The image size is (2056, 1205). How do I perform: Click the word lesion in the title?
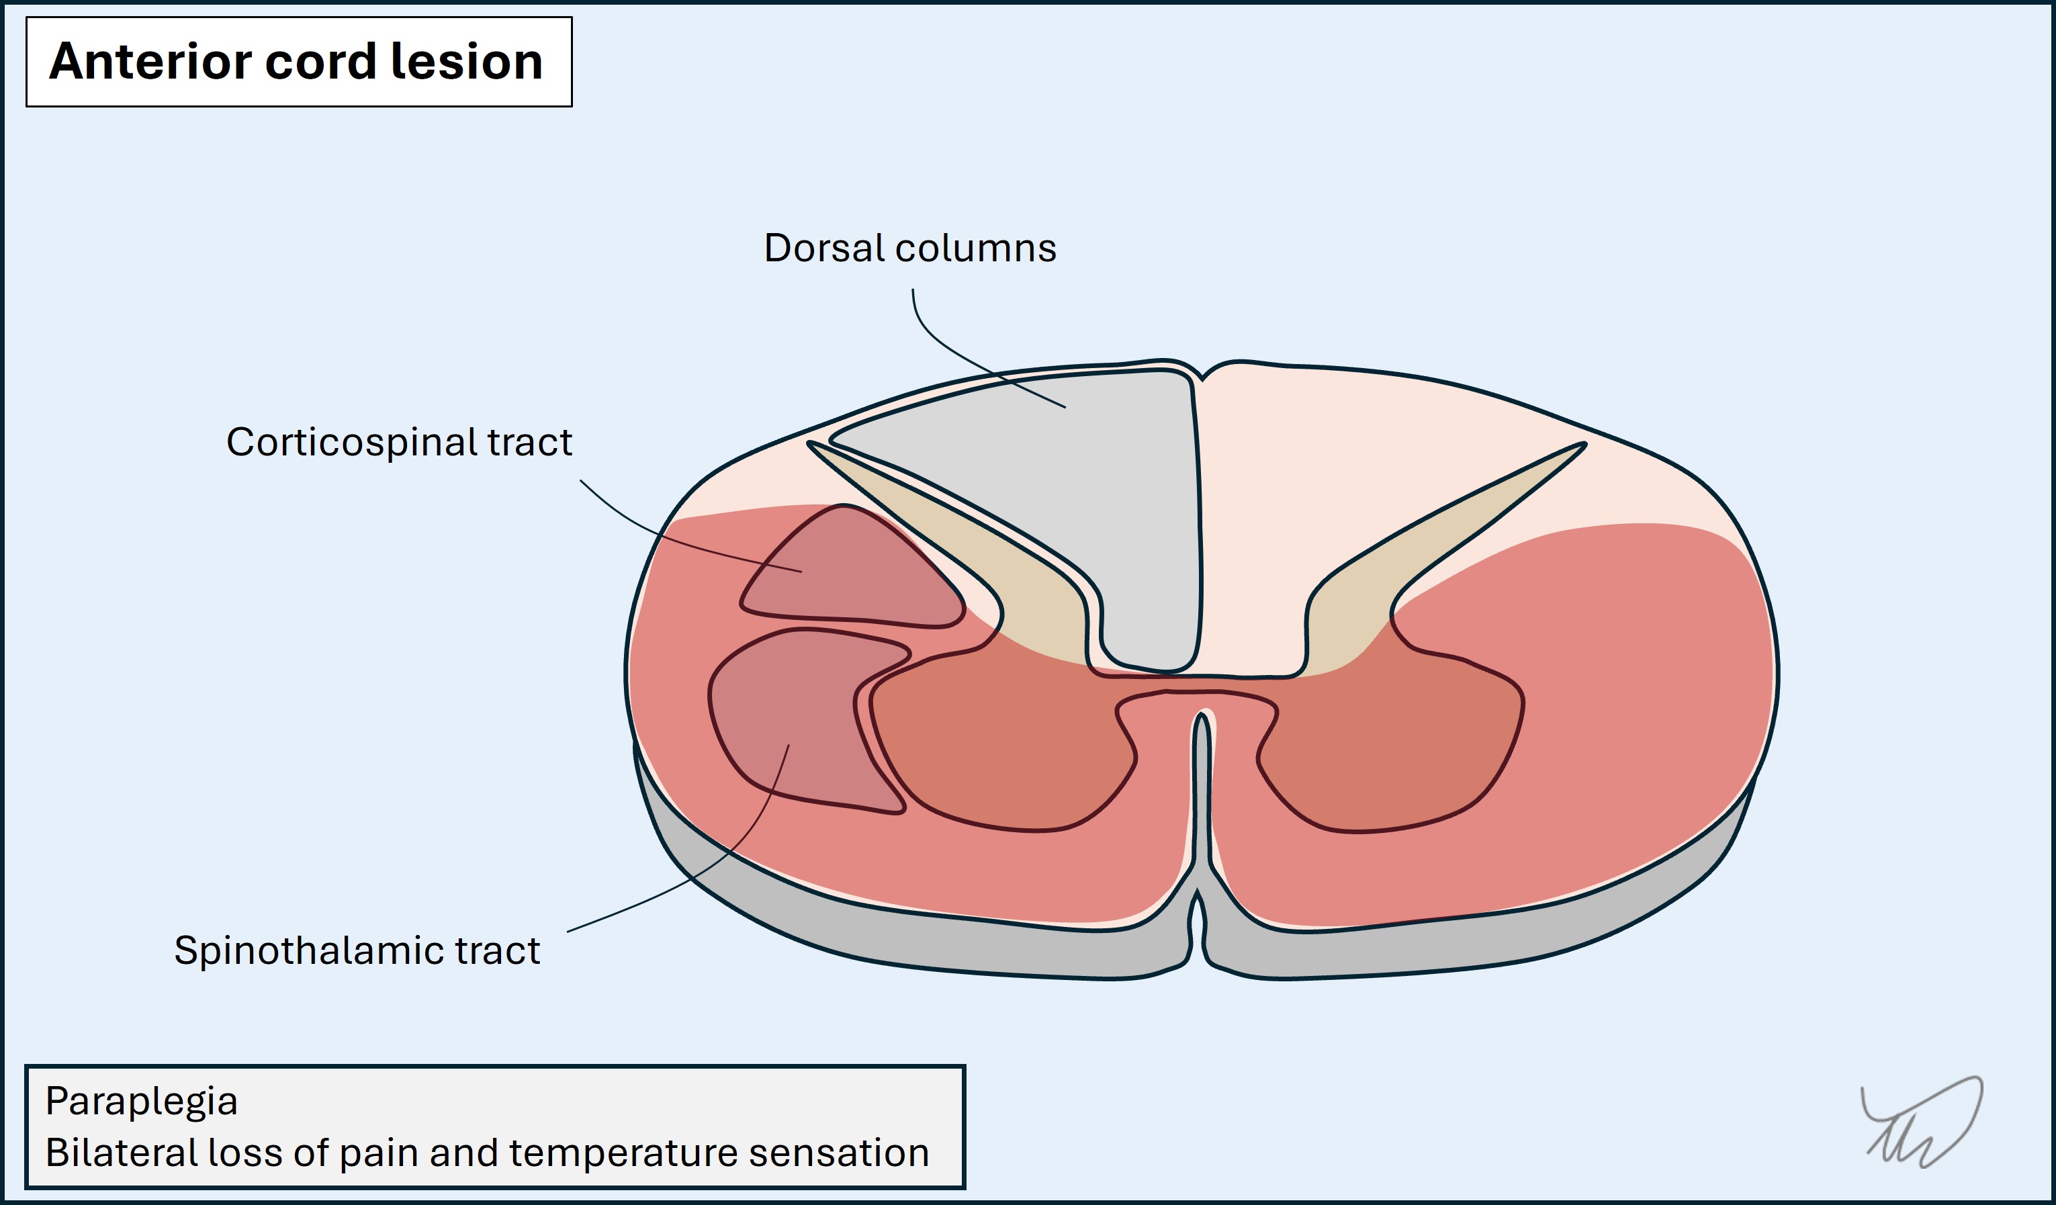tap(467, 61)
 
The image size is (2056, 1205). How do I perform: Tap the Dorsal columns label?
tap(909, 248)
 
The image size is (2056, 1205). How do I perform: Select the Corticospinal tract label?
tap(399, 442)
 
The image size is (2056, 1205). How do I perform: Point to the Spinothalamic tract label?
tap(357, 950)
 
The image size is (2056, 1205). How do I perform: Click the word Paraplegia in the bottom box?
tap(141, 1101)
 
